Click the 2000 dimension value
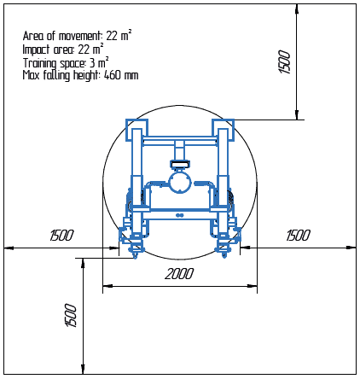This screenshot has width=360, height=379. click(x=179, y=274)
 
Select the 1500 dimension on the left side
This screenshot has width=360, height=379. click(x=61, y=236)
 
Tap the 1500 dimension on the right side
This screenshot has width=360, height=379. click(x=298, y=236)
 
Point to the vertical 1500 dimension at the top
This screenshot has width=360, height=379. click(x=285, y=61)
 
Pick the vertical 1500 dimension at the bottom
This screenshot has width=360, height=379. click(x=72, y=315)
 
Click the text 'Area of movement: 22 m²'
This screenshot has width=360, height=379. click(x=77, y=37)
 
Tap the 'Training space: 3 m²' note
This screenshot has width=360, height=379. click(x=66, y=62)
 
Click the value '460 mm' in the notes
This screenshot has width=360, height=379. click(x=121, y=75)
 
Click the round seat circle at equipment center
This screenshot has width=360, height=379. click(x=180, y=182)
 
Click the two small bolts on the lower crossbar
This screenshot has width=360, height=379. click(x=179, y=216)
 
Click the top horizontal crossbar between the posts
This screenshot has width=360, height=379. click(x=179, y=139)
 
